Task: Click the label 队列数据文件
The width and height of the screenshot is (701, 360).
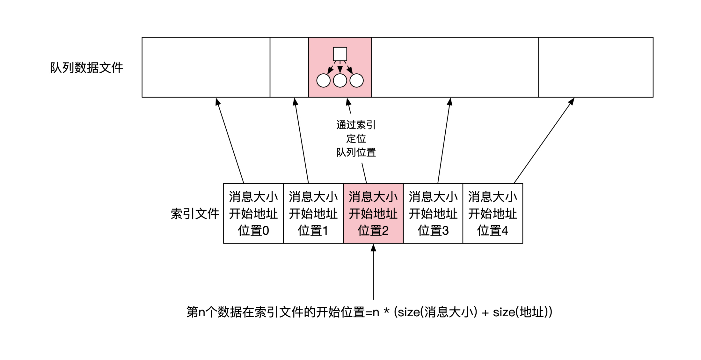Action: tap(86, 68)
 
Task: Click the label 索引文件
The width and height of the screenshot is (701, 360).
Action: tap(195, 214)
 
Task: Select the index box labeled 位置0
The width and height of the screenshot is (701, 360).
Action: tap(253, 213)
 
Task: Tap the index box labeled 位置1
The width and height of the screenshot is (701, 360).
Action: tap(313, 213)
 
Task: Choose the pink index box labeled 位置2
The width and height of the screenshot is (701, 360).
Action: tap(373, 213)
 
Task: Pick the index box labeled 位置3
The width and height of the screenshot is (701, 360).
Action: tap(433, 213)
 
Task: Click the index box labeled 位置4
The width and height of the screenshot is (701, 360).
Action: tap(493, 213)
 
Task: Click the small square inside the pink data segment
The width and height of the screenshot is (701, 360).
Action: tap(340, 54)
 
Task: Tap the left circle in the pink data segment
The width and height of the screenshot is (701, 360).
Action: tap(323, 80)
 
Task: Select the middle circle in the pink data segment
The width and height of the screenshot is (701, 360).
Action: tap(340, 80)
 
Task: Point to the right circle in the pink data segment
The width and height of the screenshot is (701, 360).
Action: tap(356, 80)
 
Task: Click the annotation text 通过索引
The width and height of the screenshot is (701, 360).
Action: tap(356, 125)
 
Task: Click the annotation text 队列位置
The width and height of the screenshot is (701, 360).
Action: tap(356, 152)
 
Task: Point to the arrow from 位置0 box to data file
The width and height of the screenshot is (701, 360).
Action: tap(230, 140)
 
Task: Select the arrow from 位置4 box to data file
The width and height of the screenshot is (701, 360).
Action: tap(544, 140)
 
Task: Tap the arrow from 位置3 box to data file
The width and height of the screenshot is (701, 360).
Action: tap(444, 140)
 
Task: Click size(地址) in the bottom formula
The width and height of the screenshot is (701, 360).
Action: tap(522, 312)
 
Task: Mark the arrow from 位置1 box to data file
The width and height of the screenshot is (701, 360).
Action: tap(302, 140)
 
